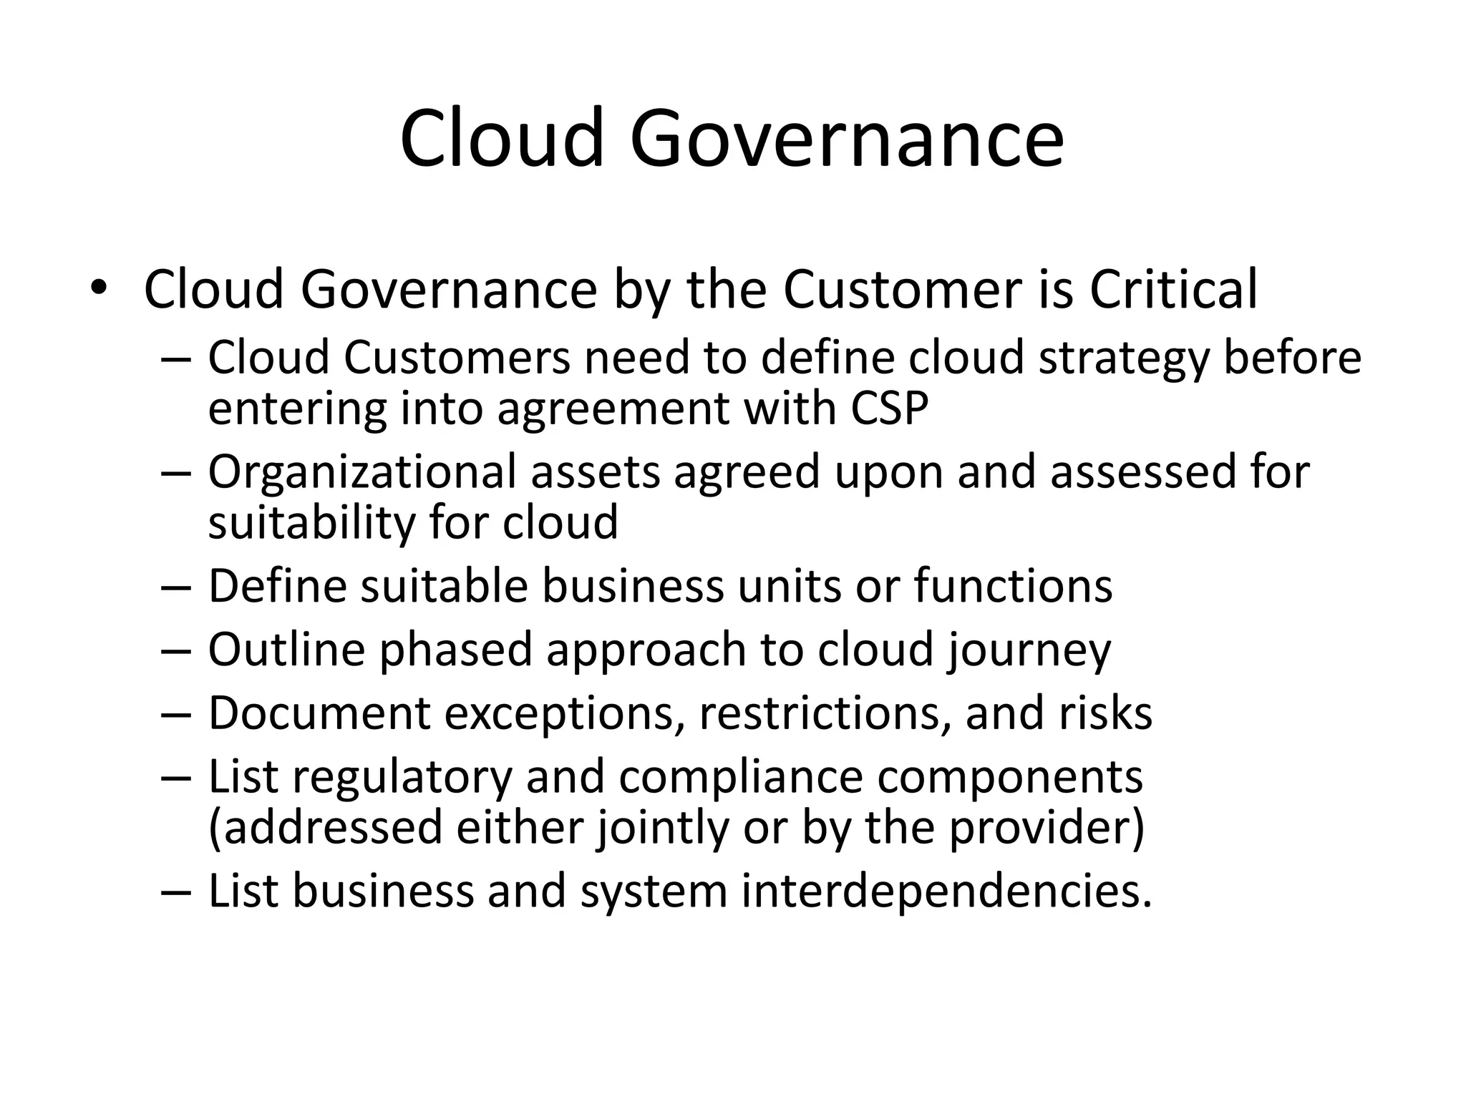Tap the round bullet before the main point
tap(98, 288)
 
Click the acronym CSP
tap(889, 409)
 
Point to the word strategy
tap(1123, 359)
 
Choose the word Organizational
tap(362, 473)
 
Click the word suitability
tap(311, 523)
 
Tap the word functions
tap(1013, 586)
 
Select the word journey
tap(1029, 650)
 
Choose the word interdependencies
tap(946, 892)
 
